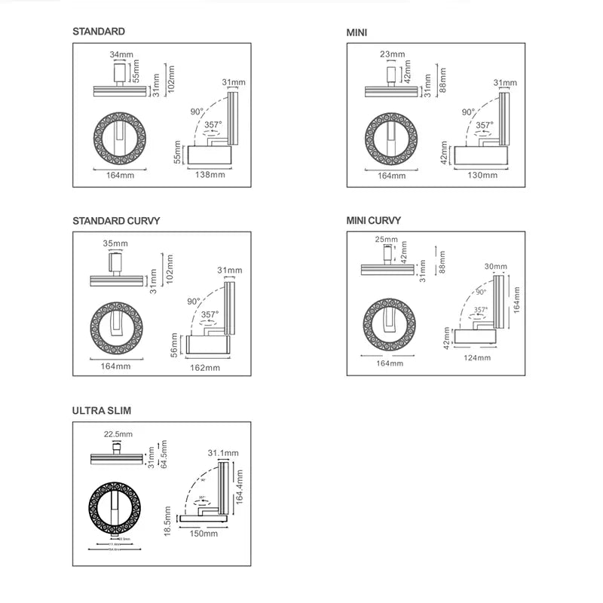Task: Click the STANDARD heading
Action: coord(99,32)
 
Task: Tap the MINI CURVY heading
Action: coord(374,220)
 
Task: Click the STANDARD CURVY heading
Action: coord(117,221)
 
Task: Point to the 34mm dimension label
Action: coord(121,54)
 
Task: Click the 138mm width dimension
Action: coord(210,174)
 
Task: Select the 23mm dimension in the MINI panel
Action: coord(392,54)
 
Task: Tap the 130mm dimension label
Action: coord(482,174)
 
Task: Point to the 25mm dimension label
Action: coord(385,240)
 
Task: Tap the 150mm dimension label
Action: coord(204,533)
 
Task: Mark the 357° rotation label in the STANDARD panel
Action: coord(213,124)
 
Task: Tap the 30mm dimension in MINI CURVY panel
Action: coord(495,266)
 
